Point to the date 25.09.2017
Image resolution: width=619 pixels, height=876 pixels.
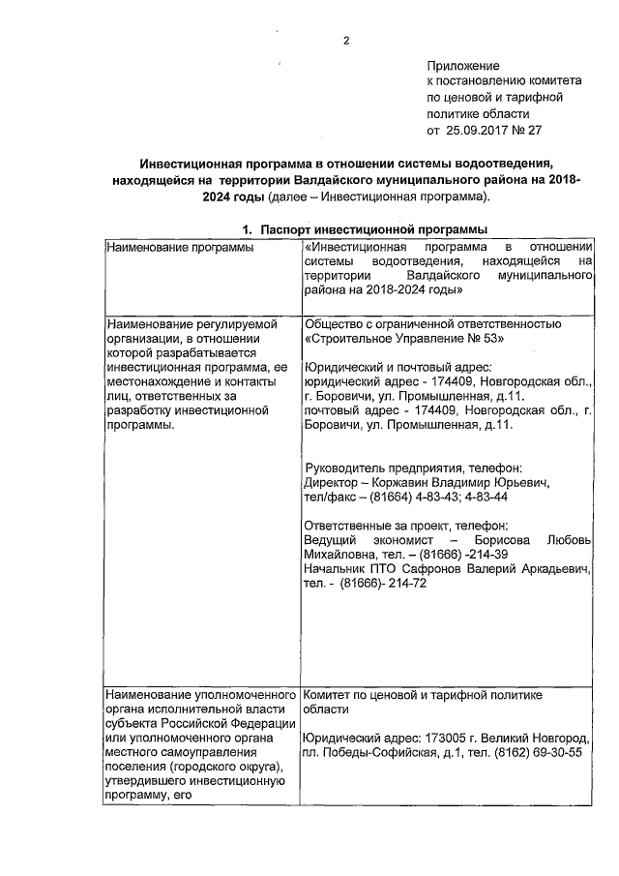click(x=477, y=129)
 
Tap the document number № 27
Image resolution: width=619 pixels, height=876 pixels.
click(x=527, y=129)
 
